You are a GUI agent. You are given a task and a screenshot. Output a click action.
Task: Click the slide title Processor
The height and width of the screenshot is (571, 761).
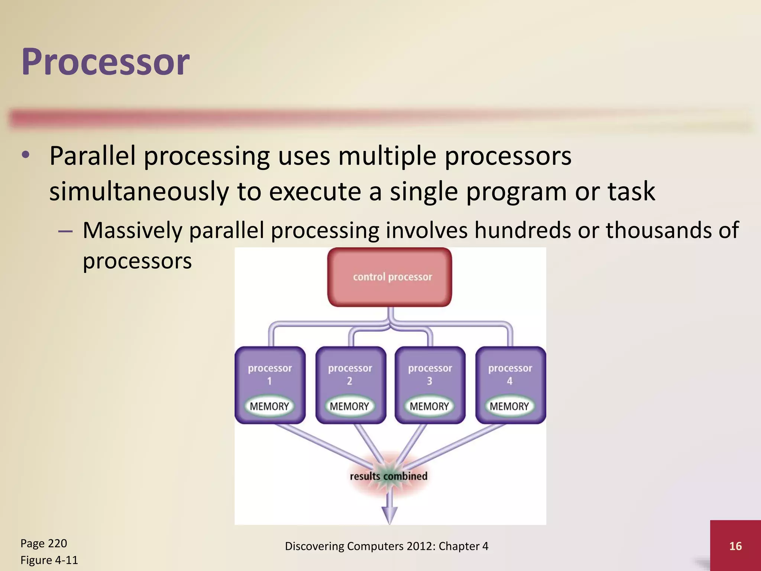(x=106, y=62)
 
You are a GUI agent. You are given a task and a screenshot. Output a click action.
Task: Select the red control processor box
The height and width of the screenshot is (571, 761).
(x=389, y=277)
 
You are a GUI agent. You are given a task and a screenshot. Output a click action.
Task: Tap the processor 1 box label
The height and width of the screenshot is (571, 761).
(x=270, y=368)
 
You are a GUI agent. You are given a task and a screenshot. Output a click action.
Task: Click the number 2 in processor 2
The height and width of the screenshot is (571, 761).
(x=350, y=381)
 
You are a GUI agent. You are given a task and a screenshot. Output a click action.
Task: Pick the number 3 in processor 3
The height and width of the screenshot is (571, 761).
(x=430, y=381)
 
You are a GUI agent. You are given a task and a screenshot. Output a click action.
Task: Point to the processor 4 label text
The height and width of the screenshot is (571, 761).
(x=510, y=368)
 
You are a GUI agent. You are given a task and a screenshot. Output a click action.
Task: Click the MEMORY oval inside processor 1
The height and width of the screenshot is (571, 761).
(x=269, y=406)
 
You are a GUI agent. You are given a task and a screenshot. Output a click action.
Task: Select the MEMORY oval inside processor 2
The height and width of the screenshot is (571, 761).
(x=349, y=406)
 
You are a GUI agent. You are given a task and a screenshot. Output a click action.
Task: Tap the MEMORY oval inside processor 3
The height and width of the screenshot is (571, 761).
(x=429, y=406)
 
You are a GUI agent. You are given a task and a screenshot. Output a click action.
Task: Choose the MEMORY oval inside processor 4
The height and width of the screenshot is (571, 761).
(x=509, y=406)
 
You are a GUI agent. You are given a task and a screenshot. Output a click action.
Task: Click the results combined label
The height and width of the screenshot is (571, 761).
(x=389, y=476)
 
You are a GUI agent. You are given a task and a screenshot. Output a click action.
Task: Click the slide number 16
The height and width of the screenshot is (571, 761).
(x=735, y=546)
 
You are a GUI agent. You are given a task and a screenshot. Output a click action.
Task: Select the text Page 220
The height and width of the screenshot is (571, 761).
(x=44, y=543)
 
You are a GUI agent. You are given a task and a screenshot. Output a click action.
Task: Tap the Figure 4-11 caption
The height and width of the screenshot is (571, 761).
(x=49, y=560)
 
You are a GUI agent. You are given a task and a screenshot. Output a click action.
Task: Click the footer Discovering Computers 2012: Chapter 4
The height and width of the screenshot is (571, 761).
(x=386, y=546)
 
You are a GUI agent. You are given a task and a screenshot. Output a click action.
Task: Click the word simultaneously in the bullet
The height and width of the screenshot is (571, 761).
(x=139, y=192)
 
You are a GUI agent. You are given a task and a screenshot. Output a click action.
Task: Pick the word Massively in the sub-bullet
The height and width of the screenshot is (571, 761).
(x=132, y=230)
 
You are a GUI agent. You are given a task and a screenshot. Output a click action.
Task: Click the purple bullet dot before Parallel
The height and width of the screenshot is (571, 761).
(x=25, y=155)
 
